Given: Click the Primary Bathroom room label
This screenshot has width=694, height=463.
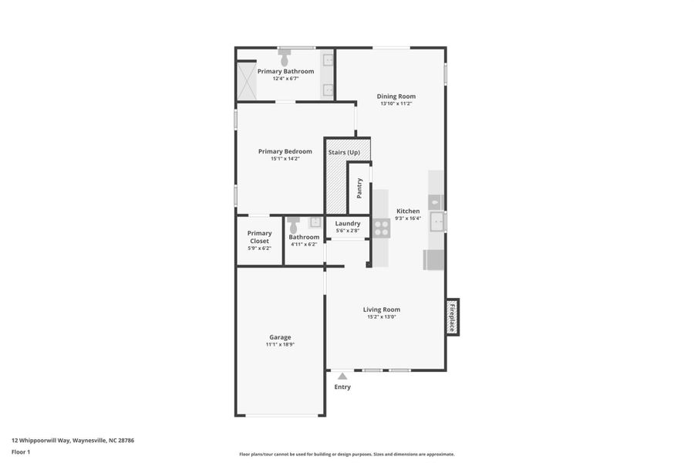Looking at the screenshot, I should click(285, 71).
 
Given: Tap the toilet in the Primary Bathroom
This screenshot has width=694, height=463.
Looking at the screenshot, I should click(285, 57).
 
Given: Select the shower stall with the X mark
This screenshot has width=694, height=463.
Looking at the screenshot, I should click(246, 81).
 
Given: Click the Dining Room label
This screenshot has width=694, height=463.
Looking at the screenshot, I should click(396, 96).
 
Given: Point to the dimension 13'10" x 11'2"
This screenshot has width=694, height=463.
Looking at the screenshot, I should click(396, 103).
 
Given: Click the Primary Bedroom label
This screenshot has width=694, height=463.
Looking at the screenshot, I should click(285, 151).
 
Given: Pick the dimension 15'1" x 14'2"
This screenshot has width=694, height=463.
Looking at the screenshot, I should click(285, 159).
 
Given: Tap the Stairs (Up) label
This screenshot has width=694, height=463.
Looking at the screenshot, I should click(344, 153).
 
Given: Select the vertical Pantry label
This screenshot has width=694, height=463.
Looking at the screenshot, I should click(359, 188).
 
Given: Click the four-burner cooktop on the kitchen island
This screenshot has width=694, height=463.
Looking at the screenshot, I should click(382, 227).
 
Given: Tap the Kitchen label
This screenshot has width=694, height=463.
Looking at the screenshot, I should click(408, 211).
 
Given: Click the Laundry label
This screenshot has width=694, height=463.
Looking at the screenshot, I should click(348, 223).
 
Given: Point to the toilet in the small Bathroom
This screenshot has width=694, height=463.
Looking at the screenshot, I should click(293, 225).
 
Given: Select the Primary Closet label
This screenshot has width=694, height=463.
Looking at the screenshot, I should click(259, 237).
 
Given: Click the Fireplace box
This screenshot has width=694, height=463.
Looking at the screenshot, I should click(452, 317).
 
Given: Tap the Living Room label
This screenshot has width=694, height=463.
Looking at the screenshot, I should click(382, 309).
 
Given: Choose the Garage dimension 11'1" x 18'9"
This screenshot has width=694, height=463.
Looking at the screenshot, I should click(280, 344).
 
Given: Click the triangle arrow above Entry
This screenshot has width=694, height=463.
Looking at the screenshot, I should click(342, 376).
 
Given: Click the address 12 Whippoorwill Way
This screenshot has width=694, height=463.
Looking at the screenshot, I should click(72, 441).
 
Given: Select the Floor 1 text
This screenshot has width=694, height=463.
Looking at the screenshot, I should click(21, 451).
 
